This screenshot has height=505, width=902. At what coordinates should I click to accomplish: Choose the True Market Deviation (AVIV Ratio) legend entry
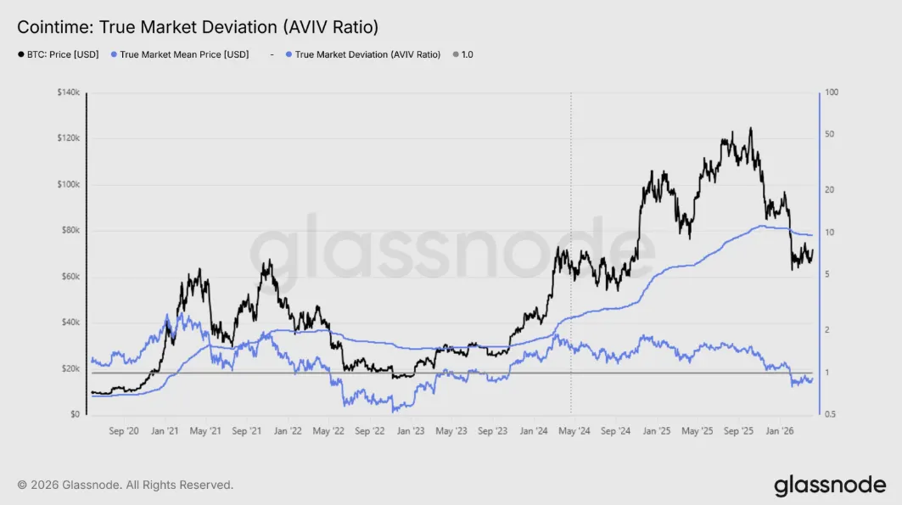(367, 54)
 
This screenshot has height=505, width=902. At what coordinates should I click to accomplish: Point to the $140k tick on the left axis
(68, 93)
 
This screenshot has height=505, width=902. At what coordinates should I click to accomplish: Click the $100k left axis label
(68, 184)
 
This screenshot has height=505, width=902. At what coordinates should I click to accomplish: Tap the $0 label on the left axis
(75, 415)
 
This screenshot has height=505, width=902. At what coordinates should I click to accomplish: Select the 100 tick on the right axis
(832, 93)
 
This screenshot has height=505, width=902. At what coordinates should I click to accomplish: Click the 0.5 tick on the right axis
(832, 415)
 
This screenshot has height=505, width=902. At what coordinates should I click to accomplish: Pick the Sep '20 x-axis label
(124, 431)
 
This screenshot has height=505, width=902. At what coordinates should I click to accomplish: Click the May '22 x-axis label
(327, 431)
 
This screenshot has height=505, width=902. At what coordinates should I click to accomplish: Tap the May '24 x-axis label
(574, 431)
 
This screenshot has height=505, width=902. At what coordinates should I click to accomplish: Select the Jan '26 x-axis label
(781, 431)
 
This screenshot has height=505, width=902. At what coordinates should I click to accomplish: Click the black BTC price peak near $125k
(750, 128)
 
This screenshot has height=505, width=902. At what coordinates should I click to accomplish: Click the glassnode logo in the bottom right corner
(829, 485)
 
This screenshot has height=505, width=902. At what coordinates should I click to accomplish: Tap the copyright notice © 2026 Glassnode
(126, 485)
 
